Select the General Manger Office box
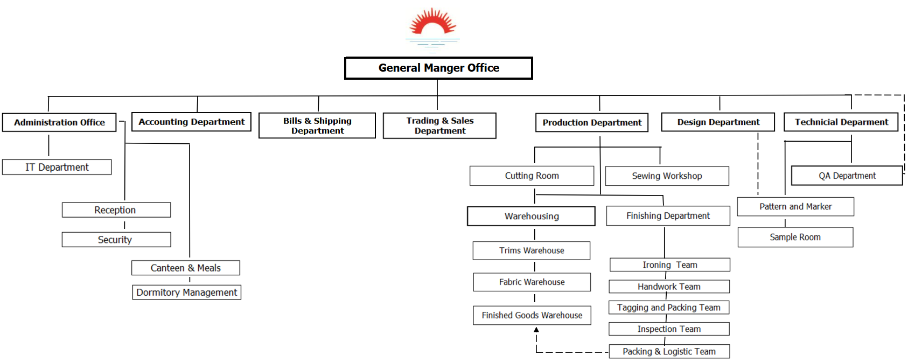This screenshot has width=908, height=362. (x=438, y=68)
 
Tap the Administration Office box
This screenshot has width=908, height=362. (x=59, y=122)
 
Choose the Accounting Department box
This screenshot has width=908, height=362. (x=191, y=122)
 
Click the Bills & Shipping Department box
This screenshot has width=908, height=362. (x=317, y=126)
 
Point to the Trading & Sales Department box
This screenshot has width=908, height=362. (x=439, y=126)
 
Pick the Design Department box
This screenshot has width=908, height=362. (x=718, y=122)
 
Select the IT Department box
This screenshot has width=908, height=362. (x=57, y=167)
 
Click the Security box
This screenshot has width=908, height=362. (x=116, y=240)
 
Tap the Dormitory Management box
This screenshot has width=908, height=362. (x=186, y=293)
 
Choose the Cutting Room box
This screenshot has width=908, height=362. (x=532, y=176)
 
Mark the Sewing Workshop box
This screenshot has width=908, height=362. (x=667, y=176)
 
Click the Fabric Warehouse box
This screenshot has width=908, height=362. (x=532, y=282)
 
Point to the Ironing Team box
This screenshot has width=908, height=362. (x=669, y=264)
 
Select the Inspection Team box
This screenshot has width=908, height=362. (x=669, y=329)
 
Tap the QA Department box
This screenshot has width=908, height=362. (x=847, y=176)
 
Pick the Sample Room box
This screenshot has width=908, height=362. (x=795, y=237)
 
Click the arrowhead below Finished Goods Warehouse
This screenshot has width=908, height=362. (x=536, y=330)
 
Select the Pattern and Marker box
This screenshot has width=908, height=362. (x=795, y=207)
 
